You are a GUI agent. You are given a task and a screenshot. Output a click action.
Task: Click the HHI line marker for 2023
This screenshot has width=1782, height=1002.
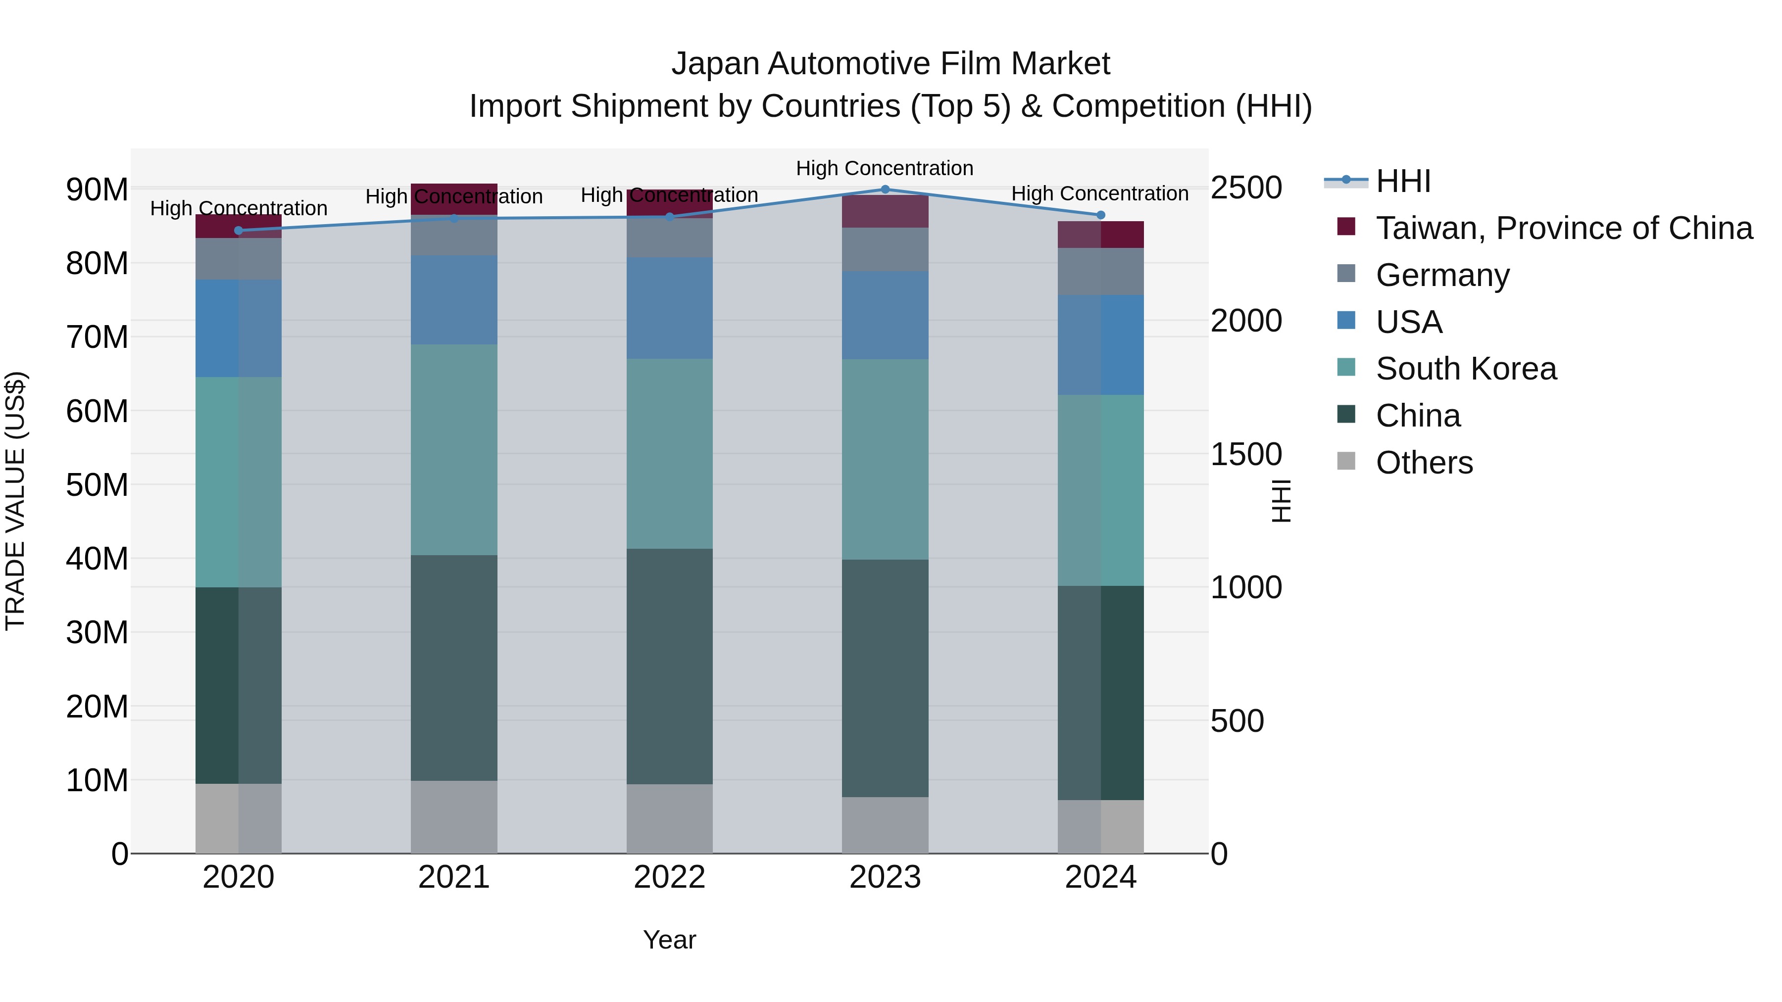[x=885, y=190]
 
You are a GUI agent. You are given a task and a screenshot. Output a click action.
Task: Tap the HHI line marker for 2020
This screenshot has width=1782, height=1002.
[x=239, y=230]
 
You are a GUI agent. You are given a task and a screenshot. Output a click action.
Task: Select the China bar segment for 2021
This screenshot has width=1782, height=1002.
[x=454, y=668]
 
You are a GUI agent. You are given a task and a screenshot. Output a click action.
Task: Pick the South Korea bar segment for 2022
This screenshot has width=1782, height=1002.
[x=670, y=454]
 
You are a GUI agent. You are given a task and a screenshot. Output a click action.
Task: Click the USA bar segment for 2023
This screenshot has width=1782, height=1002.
[x=885, y=315]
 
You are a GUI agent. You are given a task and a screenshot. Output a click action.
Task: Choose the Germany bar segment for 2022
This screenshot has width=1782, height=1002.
[x=670, y=239]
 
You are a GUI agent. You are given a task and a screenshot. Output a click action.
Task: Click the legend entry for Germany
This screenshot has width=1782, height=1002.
[x=1442, y=275]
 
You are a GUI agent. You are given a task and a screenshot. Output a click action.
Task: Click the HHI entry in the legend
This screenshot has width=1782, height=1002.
[x=1403, y=181]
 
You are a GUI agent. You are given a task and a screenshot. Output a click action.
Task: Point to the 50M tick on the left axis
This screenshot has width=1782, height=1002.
[x=97, y=485]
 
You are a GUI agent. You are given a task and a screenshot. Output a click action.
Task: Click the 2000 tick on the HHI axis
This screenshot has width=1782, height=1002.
[x=1246, y=321]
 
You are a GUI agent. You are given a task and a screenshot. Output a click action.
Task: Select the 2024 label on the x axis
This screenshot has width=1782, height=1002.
[x=1100, y=877]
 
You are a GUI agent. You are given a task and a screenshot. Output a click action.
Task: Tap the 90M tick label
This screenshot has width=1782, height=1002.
[x=97, y=190]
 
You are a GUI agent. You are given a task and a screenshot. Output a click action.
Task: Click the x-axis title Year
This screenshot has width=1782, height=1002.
[x=669, y=940]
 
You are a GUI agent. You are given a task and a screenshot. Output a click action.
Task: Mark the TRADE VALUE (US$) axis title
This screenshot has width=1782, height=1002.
[x=15, y=501]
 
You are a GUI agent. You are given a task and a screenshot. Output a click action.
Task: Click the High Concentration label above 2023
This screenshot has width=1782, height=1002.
[x=884, y=168]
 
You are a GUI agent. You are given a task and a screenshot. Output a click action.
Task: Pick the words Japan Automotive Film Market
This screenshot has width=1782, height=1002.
[x=891, y=64]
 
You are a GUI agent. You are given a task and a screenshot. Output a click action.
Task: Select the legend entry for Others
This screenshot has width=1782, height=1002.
[x=1424, y=463]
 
